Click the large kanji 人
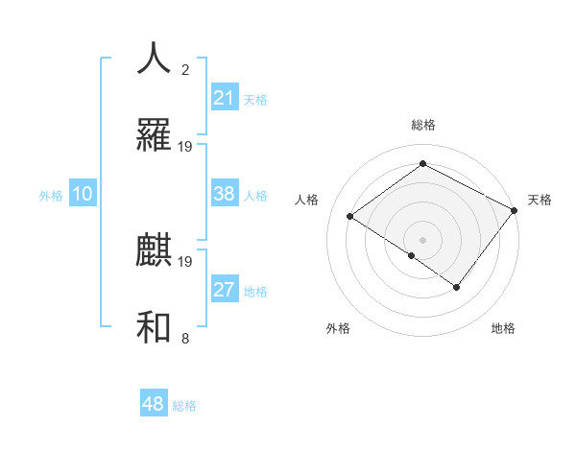(155, 59)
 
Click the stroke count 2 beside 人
(185, 70)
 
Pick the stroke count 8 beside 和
(185, 339)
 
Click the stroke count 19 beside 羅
(185, 147)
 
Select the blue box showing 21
(225, 98)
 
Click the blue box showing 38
(225, 194)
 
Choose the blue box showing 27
(225, 290)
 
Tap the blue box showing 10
(83, 194)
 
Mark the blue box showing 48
(154, 404)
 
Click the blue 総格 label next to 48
(184, 407)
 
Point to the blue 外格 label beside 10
(51, 196)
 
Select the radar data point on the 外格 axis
(412, 255)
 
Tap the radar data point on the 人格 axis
(350, 217)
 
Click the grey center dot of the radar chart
(422, 239)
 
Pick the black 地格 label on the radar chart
(503, 328)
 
